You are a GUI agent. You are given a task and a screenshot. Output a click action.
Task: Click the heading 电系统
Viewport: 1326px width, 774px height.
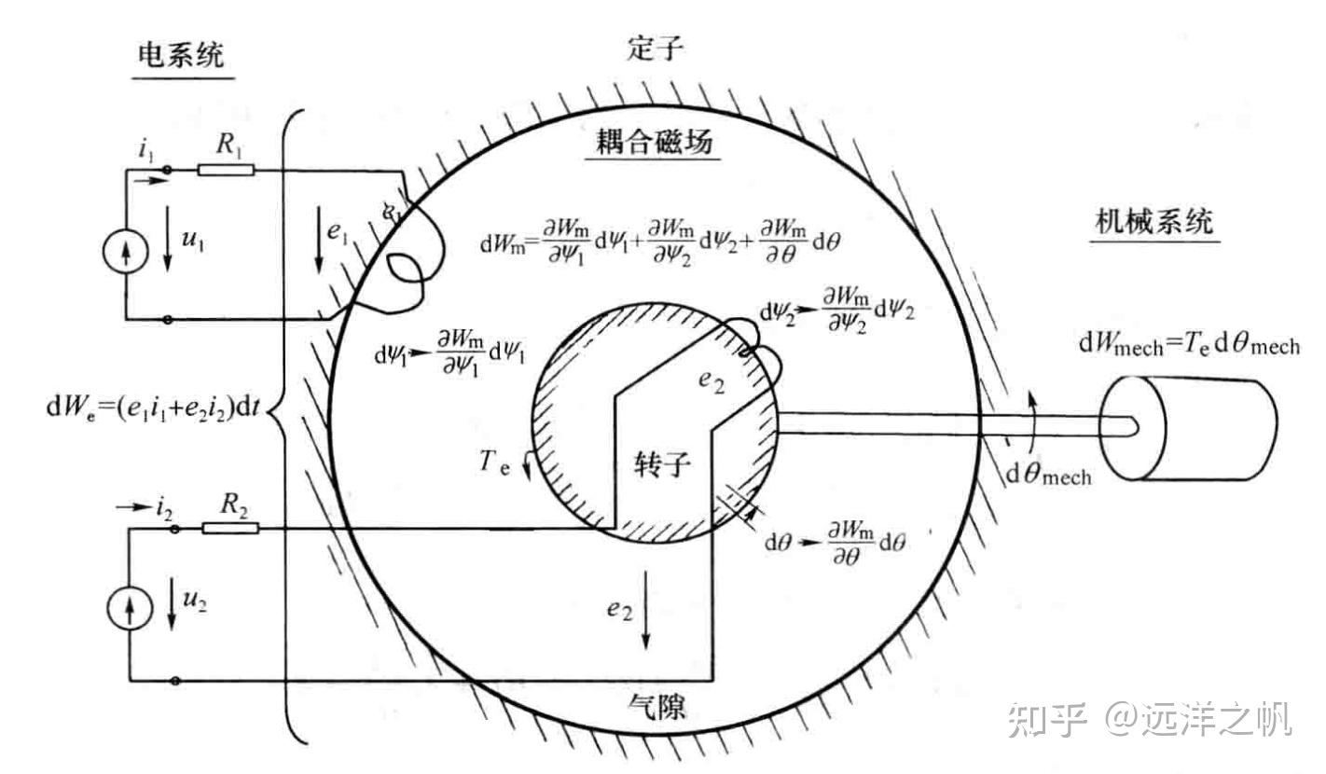[181, 56]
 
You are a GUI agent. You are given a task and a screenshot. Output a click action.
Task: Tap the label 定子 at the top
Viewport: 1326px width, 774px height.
[656, 48]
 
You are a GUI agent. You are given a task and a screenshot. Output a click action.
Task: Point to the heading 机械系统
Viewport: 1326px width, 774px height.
[1155, 223]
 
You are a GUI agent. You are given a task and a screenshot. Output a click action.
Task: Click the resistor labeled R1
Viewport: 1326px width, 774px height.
[227, 170]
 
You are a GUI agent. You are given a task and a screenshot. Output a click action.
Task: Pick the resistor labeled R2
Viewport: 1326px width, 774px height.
[230, 529]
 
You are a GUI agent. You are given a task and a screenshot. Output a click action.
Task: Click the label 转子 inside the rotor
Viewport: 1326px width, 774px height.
[663, 463]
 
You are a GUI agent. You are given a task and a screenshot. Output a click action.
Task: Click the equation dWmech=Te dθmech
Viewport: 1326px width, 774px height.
[1189, 346]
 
